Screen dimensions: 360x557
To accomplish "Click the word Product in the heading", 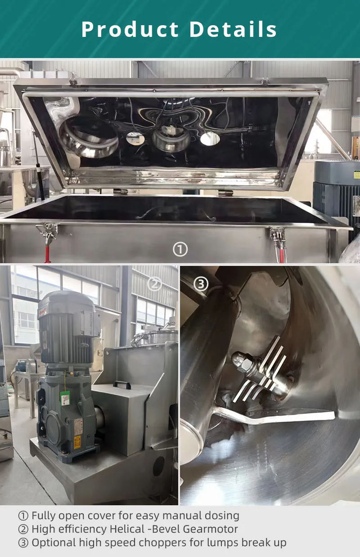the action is pyautogui.click(x=130, y=29).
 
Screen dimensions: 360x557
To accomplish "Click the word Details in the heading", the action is pyautogui.click(x=233, y=29).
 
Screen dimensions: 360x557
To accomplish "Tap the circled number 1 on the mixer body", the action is pyautogui.click(x=180, y=249).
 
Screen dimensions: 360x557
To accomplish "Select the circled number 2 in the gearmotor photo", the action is pyautogui.click(x=154, y=284).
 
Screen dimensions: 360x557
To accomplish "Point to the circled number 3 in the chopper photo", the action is pyautogui.click(x=201, y=284).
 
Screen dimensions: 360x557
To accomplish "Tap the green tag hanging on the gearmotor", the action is pyautogui.click(x=65, y=398).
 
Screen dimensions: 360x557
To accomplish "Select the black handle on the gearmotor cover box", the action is pyautogui.click(x=122, y=385).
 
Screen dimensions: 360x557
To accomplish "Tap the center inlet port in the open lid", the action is pyautogui.click(x=171, y=139).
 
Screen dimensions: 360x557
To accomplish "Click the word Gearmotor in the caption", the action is pyautogui.click(x=211, y=529).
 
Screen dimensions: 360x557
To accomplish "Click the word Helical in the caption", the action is pyautogui.click(x=126, y=529).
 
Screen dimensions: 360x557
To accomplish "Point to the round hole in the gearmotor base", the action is pyautogui.click(x=159, y=466).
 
